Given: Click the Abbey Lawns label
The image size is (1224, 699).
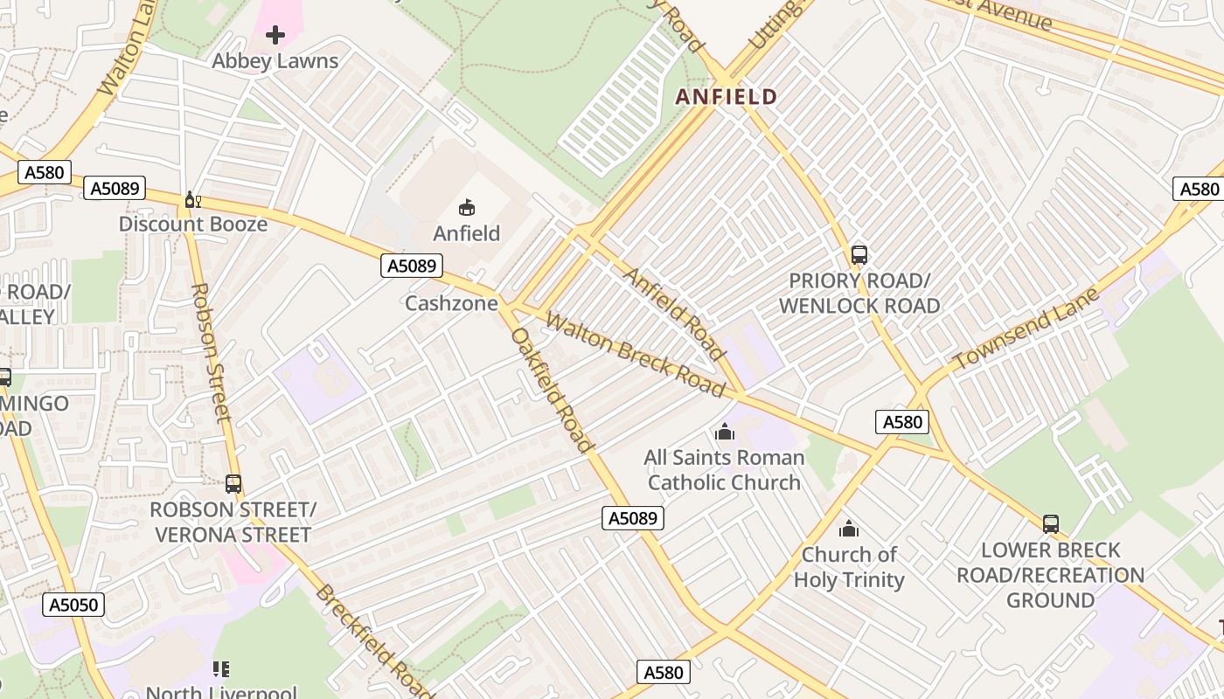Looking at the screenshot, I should [275, 61].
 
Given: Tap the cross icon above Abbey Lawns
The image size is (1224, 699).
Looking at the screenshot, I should [275, 35].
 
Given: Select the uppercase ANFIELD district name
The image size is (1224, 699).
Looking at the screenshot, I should [727, 97].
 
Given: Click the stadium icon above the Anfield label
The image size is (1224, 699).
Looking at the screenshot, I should [467, 207].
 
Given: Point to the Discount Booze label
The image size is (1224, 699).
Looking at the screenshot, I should [193, 225].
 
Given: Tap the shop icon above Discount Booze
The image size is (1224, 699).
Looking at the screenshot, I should [193, 200].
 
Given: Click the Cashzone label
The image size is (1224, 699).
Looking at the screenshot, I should [451, 303].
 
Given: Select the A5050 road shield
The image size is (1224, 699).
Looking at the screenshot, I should [74, 605].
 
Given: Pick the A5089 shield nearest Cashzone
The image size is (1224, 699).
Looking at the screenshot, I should [412, 266].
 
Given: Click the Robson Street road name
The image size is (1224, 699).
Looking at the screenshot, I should [211, 352].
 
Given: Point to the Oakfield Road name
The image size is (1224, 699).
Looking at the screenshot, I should [552, 390].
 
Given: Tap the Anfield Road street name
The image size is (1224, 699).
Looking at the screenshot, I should [674, 314].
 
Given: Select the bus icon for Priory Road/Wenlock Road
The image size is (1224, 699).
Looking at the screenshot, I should [859, 255].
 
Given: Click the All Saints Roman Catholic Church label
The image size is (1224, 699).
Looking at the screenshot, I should [724, 470].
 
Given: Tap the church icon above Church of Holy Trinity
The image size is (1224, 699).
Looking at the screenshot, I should [849, 529].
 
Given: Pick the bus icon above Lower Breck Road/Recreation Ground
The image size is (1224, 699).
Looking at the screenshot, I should [1051, 524].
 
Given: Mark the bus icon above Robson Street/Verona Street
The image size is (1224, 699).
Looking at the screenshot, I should [233, 484].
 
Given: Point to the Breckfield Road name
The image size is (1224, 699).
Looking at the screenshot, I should [374, 642].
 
